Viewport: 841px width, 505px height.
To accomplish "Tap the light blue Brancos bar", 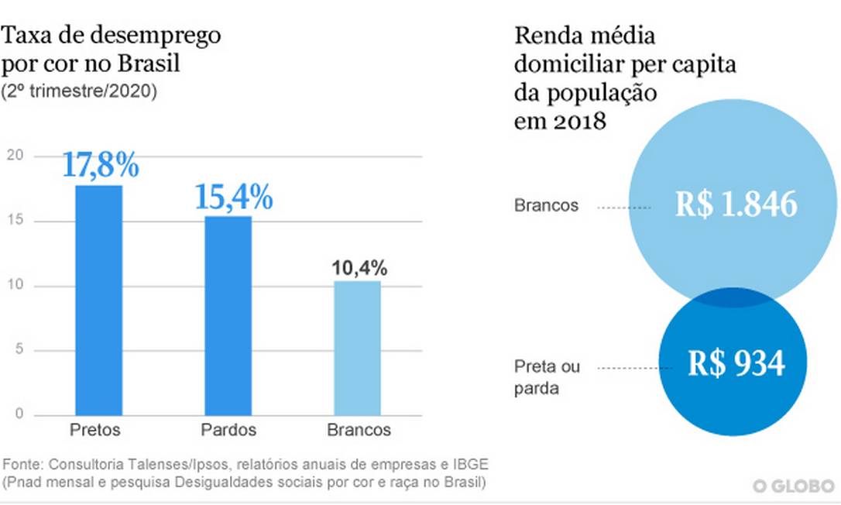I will pyautogui.click(x=357, y=348).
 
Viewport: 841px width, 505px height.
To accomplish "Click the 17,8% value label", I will pyautogui.click(x=101, y=166).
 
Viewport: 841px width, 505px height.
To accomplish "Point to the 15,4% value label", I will pyautogui.click(x=233, y=198).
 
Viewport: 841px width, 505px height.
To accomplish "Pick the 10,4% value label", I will pyautogui.click(x=359, y=268).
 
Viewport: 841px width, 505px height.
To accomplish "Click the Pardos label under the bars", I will pyautogui.click(x=228, y=430).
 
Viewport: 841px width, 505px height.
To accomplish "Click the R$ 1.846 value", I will pyautogui.click(x=736, y=204).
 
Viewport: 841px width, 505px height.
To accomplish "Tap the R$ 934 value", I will pyautogui.click(x=736, y=363).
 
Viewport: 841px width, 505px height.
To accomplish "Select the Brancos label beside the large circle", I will pyautogui.click(x=546, y=206).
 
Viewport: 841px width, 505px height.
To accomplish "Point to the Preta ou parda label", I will pyautogui.click(x=547, y=377).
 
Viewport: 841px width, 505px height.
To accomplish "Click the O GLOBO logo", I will pyautogui.click(x=794, y=486).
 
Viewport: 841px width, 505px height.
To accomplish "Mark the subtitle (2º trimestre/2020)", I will pyautogui.click(x=81, y=91).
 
